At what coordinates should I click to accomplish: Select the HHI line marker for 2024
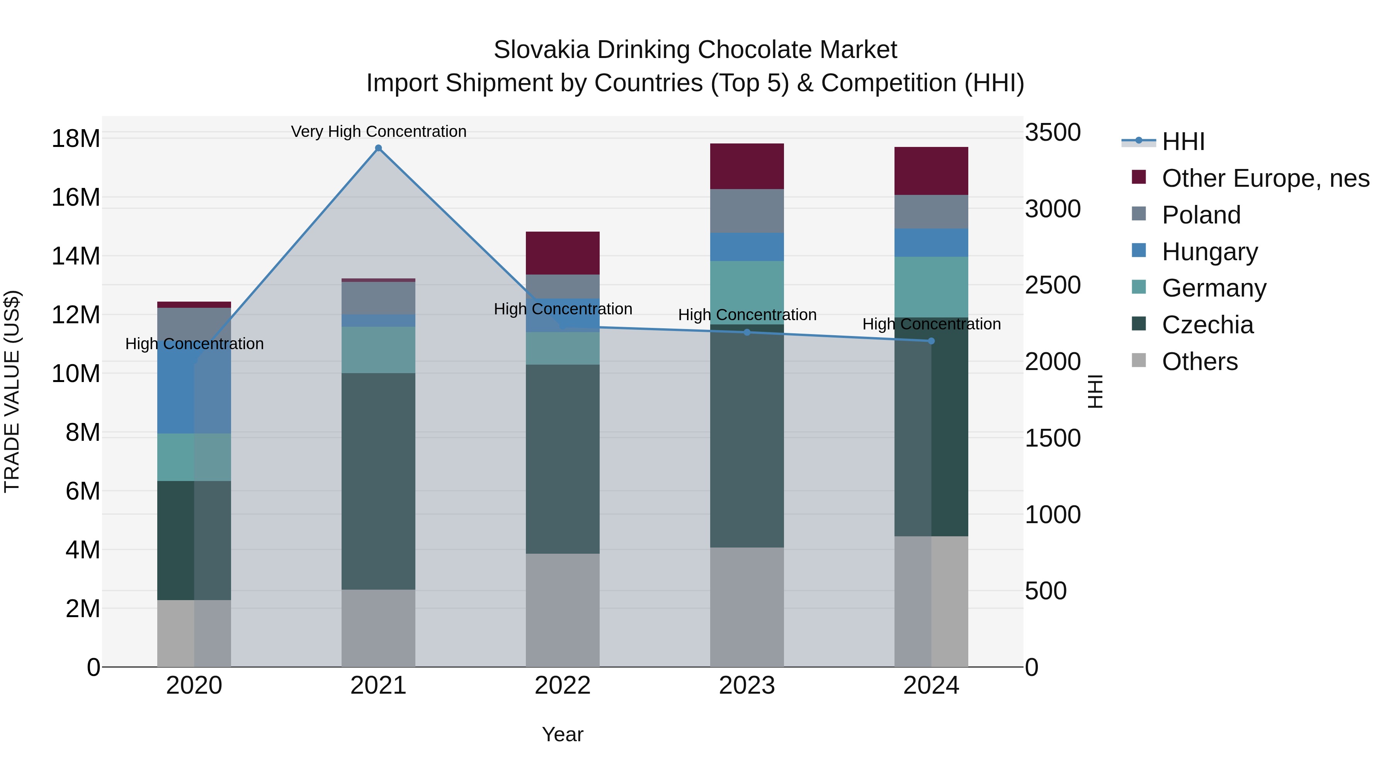[x=931, y=341]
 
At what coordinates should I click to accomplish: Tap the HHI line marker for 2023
[x=747, y=332]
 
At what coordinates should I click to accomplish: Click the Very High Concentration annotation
[x=379, y=131]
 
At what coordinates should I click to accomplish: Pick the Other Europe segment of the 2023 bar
[x=747, y=166]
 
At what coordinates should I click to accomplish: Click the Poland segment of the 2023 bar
[x=747, y=211]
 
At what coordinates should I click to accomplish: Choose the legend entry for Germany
[x=1213, y=288]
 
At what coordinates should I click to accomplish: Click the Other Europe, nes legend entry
[x=1265, y=178]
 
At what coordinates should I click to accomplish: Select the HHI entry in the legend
[x=1183, y=142]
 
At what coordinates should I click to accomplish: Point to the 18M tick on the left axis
[x=76, y=138]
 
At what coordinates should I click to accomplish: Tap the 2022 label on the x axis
[x=563, y=686]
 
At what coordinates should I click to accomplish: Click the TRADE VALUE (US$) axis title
[x=12, y=391]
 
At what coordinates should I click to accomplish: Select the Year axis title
[x=563, y=734]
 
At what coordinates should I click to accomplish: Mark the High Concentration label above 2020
[x=194, y=344]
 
